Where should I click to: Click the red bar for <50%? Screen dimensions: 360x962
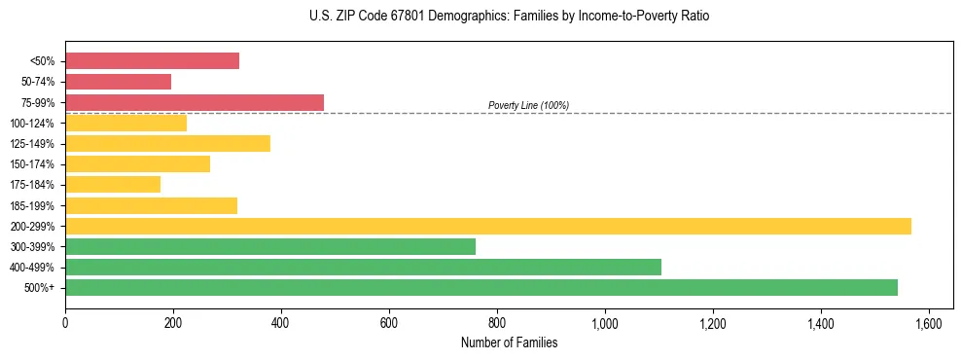pyautogui.click(x=152, y=61)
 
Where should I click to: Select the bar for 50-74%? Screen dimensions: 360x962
pyautogui.click(x=118, y=82)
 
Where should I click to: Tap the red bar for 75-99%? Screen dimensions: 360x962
pyautogui.click(x=195, y=102)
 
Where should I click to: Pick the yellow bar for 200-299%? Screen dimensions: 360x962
pyautogui.click(x=487, y=226)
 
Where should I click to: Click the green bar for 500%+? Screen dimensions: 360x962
pyautogui.click(x=481, y=287)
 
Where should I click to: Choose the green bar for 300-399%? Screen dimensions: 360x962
pyautogui.click(x=270, y=246)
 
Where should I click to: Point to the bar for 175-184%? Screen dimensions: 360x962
pyautogui.click(x=113, y=185)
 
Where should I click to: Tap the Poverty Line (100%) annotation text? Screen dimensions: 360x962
pyautogui.click(x=528, y=105)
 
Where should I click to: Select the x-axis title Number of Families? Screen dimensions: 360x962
pyautogui.click(x=509, y=342)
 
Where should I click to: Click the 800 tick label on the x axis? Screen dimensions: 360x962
pyautogui.click(x=497, y=322)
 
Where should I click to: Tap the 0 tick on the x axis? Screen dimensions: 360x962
pyautogui.click(x=65, y=322)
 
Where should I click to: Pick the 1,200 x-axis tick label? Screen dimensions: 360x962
pyautogui.click(x=713, y=322)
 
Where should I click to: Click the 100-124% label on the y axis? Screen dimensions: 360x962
pyautogui.click(x=32, y=124)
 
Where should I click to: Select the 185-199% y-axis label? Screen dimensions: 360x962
pyautogui.click(x=32, y=206)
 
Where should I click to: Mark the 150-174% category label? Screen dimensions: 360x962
pyautogui.click(x=32, y=164)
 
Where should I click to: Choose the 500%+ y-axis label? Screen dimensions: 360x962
pyautogui.click(x=40, y=288)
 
